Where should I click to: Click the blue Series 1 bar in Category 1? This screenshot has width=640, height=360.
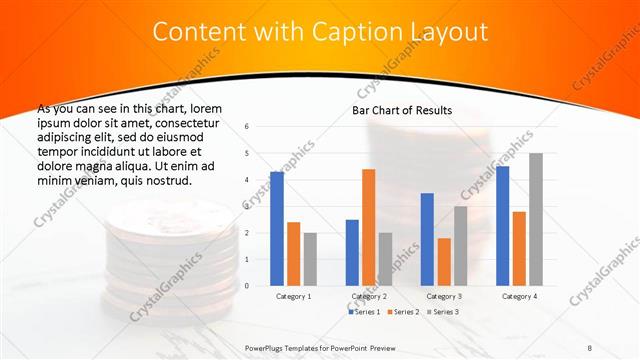(x=277, y=229)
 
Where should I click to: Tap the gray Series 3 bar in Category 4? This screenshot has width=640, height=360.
(x=535, y=219)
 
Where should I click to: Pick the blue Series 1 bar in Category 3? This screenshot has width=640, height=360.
(x=427, y=239)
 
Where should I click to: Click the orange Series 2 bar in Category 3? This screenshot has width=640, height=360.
(x=443, y=262)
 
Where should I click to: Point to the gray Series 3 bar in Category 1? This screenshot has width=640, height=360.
(x=310, y=259)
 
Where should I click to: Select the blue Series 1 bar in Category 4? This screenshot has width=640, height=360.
(x=502, y=226)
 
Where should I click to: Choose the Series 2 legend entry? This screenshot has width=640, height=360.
(x=402, y=312)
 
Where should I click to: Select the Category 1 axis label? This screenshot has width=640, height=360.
(x=293, y=296)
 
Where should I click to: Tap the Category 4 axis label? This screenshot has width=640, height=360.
(x=518, y=296)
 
